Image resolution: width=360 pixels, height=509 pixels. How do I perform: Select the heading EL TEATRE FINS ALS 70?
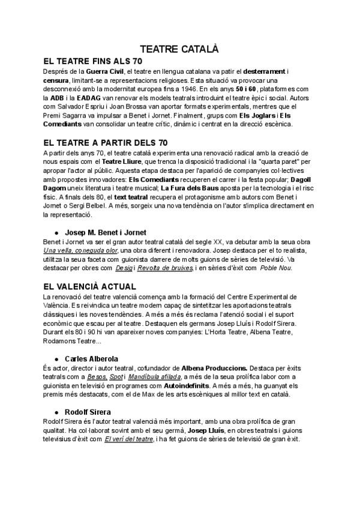coord(93,62)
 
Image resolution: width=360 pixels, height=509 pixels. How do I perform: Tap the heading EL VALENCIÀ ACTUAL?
coord(90,287)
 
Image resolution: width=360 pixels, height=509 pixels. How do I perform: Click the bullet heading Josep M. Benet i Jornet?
coord(105,232)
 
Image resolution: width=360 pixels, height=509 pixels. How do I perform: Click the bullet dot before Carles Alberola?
coord(56,359)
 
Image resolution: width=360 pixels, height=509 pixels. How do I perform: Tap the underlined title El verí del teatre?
coord(130,439)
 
